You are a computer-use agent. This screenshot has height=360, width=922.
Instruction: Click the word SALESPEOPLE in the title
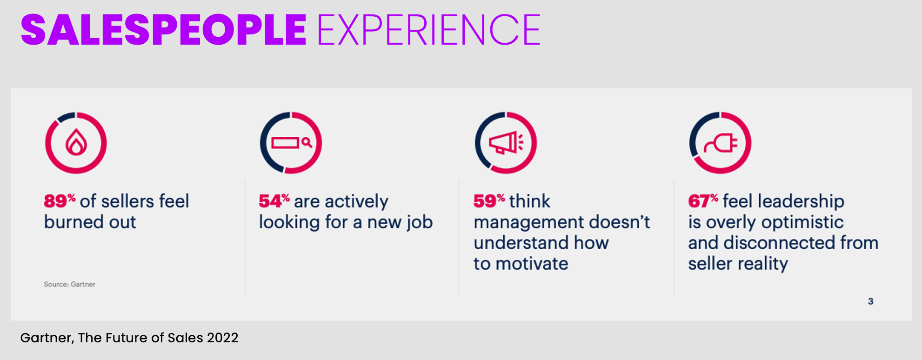[163, 30]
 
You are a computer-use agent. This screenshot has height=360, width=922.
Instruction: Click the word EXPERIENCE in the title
[428, 30]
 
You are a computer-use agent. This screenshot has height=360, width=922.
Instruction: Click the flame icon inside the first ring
[76, 143]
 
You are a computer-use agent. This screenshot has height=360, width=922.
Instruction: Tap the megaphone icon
[504, 143]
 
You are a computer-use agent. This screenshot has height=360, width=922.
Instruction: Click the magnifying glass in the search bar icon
[307, 142]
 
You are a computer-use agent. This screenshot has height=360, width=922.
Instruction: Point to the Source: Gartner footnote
[69, 284]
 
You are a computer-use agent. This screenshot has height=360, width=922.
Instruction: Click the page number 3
[870, 301]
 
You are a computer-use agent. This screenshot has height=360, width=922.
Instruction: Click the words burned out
[90, 222]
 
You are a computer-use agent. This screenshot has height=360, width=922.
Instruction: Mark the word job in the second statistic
[420, 222]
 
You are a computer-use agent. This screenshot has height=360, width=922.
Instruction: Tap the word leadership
[801, 201]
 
